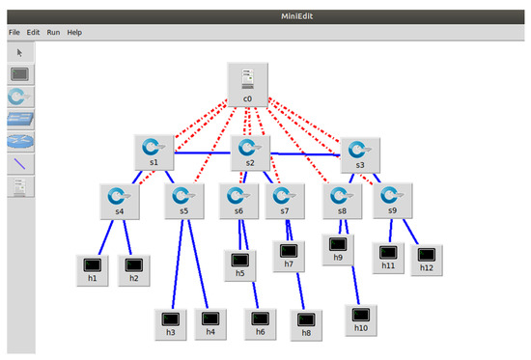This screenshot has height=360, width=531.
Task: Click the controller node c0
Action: [x=247, y=84]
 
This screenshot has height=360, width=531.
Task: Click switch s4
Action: [x=118, y=199]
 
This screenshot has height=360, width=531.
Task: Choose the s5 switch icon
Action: [x=184, y=199]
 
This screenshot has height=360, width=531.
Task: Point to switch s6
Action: [x=238, y=199]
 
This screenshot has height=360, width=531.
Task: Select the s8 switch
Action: [x=342, y=199]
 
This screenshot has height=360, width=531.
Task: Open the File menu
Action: [x=14, y=32]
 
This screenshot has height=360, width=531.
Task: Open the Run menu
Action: [x=54, y=32]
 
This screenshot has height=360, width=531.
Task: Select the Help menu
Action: [x=74, y=32]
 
